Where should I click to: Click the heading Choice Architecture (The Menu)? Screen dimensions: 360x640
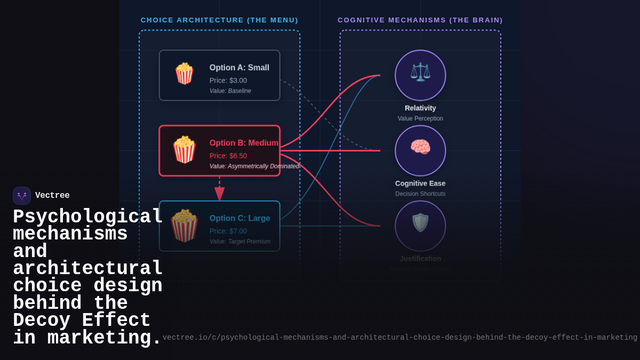219,20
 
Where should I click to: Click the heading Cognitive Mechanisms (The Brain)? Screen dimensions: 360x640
420,20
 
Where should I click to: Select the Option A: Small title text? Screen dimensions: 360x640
239,68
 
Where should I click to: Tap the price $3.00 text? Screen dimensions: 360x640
228,81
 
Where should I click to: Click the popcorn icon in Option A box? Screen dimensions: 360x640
185,74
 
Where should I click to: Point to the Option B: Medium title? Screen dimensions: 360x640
244,143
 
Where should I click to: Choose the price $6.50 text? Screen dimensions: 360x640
228,156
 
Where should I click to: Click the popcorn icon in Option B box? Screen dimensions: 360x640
184,150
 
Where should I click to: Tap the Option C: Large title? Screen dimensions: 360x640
239,218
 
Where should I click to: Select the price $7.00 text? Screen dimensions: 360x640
228,231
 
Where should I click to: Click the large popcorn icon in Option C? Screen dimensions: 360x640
185,226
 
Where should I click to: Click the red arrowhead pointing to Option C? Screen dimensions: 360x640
219,194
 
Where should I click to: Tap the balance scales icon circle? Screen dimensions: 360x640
420,75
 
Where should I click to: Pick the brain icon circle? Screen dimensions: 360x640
420,150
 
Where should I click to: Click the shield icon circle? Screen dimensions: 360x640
420,226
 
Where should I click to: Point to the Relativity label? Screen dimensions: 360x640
420,108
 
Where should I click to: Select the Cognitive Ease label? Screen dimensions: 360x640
420,183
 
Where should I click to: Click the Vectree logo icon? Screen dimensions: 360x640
22,196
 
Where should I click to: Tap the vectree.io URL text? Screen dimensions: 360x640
399,338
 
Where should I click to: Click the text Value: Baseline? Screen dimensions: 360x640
230,91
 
